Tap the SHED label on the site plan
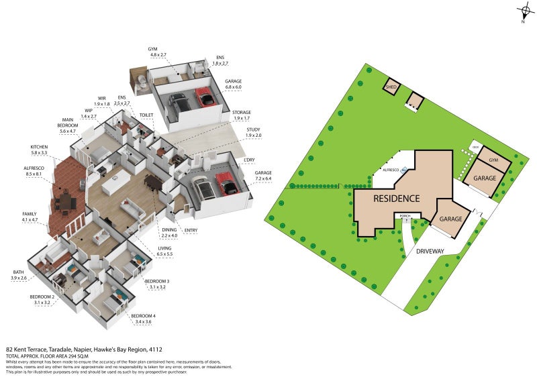(x=391, y=87)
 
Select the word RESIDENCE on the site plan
(x=396, y=199)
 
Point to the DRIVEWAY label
(x=431, y=251)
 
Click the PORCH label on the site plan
(x=405, y=216)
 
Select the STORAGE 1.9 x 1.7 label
(x=242, y=115)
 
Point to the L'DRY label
(x=250, y=160)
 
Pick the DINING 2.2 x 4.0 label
(x=169, y=232)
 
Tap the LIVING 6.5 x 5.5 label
(x=164, y=252)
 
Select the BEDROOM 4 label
(x=144, y=315)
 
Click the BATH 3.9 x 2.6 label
(x=18, y=274)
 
